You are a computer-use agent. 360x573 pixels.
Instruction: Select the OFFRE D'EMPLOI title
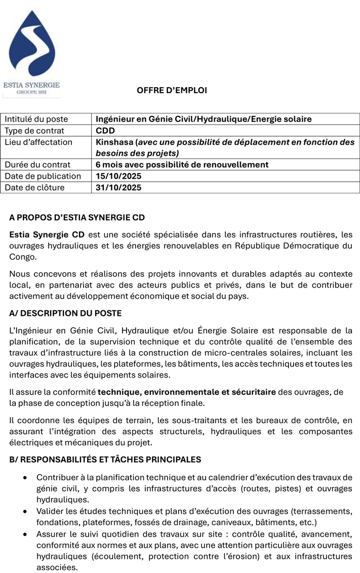(x=172, y=91)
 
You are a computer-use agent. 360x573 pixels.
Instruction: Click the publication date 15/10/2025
(x=118, y=176)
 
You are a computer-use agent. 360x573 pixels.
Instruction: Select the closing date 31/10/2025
(x=118, y=187)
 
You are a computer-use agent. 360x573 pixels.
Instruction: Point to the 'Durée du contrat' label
(x=37, y=165)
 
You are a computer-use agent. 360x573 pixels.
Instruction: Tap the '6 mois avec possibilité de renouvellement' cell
(x=182, y=165)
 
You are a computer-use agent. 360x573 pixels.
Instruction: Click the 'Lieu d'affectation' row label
(x=38, y=142)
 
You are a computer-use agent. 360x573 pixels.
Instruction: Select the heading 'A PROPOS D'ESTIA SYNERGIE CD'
(x=77, y=218)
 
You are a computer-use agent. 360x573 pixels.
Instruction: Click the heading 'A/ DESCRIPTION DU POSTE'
(x=65, y=313)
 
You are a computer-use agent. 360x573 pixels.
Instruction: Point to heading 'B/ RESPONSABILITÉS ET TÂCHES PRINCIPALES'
(x=105, y=460)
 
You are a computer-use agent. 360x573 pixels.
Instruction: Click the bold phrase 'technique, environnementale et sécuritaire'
(x=187, y=392)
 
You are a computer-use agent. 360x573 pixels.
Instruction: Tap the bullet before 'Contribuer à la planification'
(x=26, y=477)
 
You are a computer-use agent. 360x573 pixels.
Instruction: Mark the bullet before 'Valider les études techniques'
(x=26, y=512)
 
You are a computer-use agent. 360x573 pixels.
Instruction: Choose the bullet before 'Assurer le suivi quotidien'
(x=26, y=535)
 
